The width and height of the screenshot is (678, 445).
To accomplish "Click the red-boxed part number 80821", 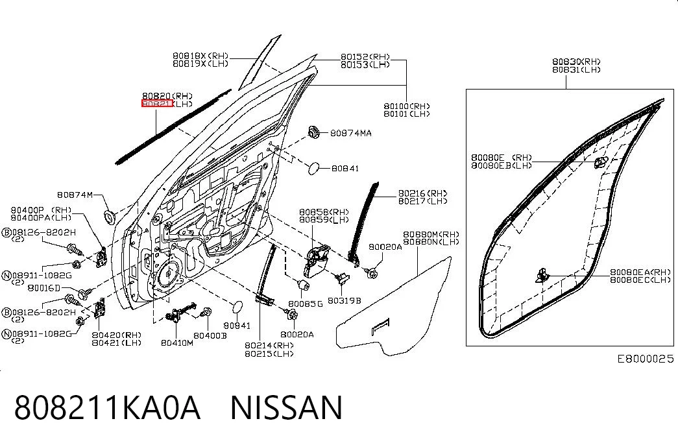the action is pyautogui.click(x=158, y=104).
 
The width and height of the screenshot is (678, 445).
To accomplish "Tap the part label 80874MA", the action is pyautogui.click(x=350, y=133).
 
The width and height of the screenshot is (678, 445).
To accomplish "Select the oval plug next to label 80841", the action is pyautogui.click(x=314, y=168).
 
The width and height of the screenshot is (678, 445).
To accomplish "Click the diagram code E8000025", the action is pyautogui.click(x=645, y=359).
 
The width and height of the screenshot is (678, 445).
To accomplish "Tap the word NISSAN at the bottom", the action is pyautogui.click(x=286, y=407).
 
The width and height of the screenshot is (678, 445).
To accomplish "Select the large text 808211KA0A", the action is pyautogui.click(x=107, y=407).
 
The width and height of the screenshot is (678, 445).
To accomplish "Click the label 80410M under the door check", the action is pyautogui.click(x=177, y=343).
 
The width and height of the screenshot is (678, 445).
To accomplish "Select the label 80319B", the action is pyautogui.click(x=344, y=300).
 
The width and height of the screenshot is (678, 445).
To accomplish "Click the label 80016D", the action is pyautogui.click(x=43, y=288).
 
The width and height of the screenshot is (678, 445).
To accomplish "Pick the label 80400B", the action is pyautogui.click(x=210, y=335).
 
